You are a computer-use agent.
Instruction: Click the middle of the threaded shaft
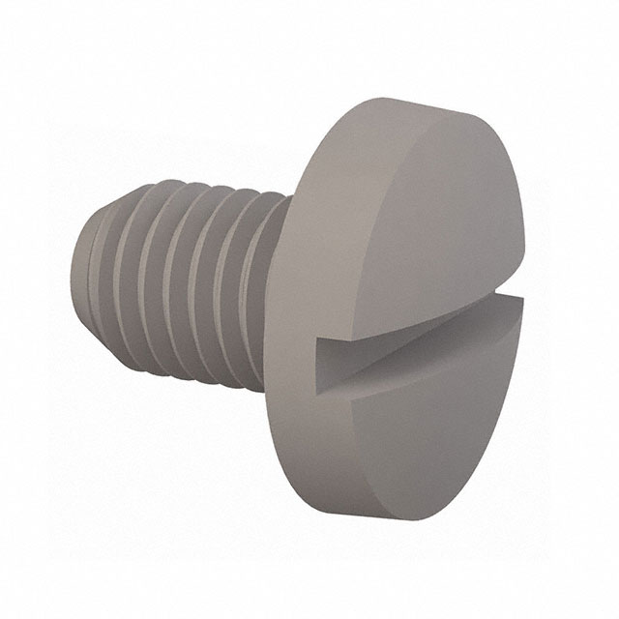click(174, 280)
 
